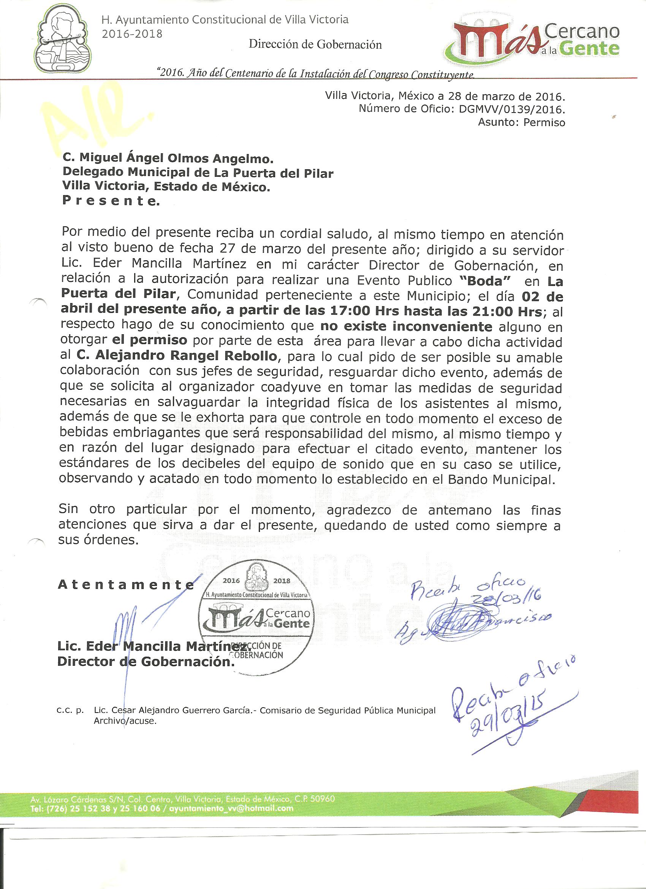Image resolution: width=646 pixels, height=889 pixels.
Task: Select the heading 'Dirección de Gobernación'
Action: (x=315, y=45)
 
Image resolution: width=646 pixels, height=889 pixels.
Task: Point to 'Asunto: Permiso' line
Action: (x=521, y=123)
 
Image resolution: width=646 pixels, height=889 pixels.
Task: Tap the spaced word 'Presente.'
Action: (x=111, y=202)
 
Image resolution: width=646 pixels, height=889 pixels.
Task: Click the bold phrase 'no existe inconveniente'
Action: (x=406, y=326)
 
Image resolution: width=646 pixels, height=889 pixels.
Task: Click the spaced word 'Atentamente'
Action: (x=126, y=585)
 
